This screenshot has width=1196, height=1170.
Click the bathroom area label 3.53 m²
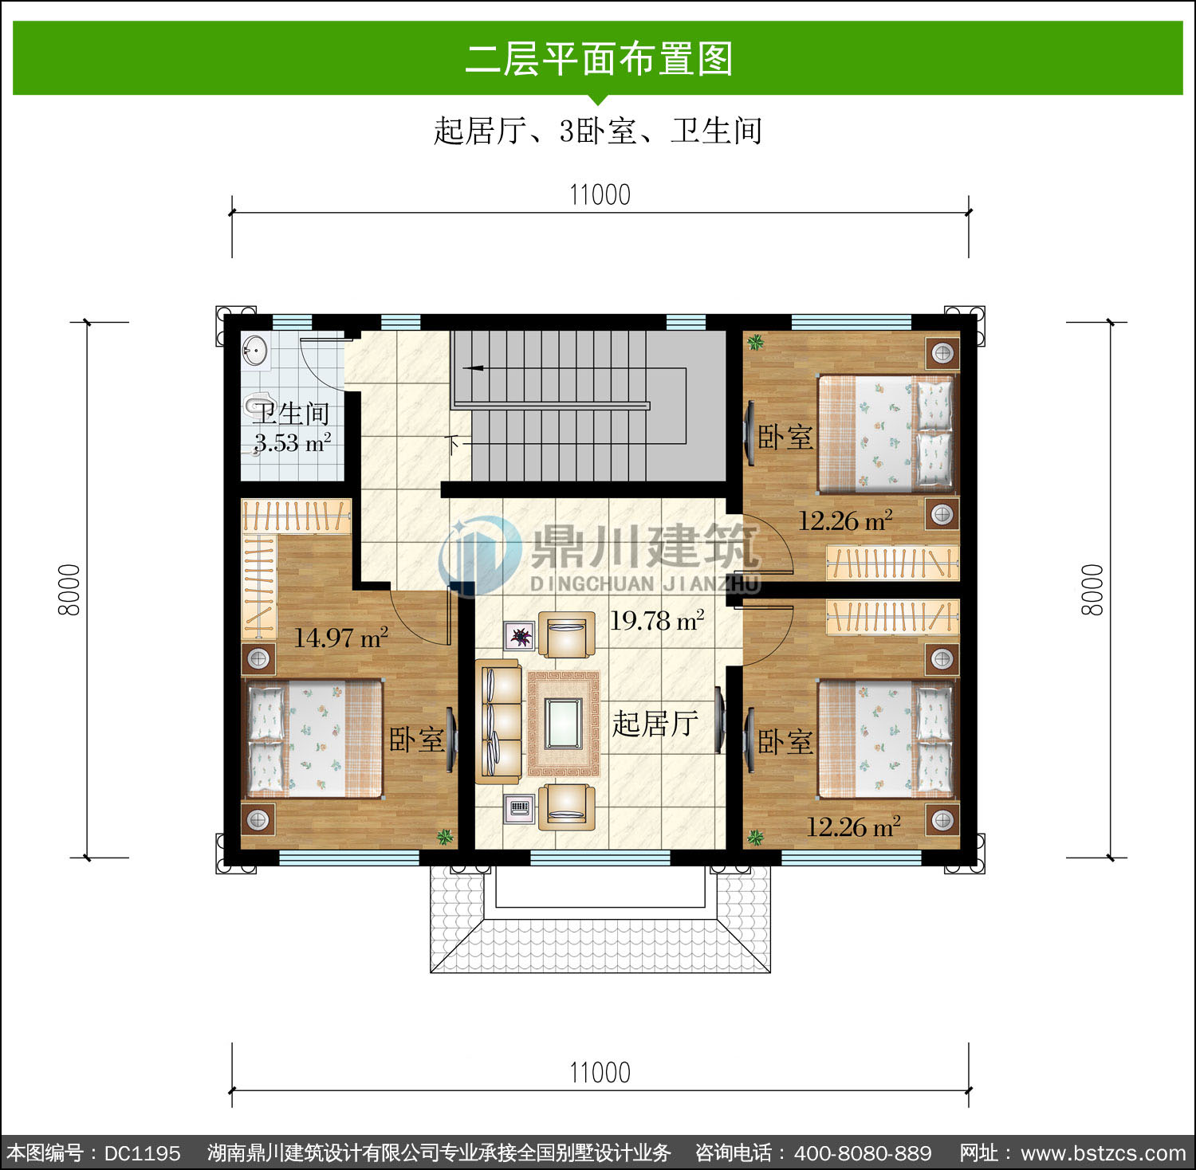tap(293, 442)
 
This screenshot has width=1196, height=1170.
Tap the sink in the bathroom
tap(255, 351)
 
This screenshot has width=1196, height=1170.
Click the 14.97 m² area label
tap(341, 637)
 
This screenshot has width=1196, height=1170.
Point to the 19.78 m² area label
tap(657, 620)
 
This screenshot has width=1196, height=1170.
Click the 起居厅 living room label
tap(655, 723)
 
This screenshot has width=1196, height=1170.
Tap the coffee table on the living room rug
tap(564, 723)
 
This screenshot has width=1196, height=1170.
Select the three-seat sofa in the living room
tap(498, 721)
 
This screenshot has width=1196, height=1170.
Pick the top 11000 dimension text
tap(600, 194)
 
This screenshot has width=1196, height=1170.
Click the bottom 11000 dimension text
tap(600, 1073)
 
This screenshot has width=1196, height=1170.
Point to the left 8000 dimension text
tap(69, 590)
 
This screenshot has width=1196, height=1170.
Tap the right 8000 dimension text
tap(1092, 590)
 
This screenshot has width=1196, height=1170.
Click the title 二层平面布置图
tap(599, 59)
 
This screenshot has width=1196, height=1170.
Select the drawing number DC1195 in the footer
tap(143, 1152)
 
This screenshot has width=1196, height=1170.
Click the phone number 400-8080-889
tap(863, 1152)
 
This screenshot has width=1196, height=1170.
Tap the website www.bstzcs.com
tap(1104, 1152)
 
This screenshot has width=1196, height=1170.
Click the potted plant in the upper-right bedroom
tap(754, 343)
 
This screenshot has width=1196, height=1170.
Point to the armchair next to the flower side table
tap(566, 634)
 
